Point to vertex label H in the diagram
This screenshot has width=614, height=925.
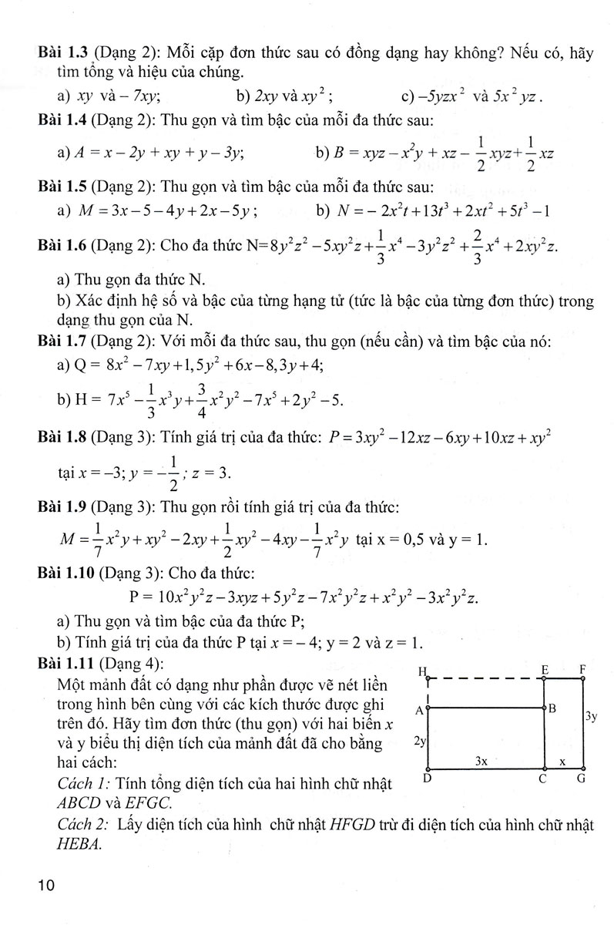coord(423,671)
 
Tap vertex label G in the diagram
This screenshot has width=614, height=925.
coord(582,779)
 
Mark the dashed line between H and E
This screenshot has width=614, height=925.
coord(485,679)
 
